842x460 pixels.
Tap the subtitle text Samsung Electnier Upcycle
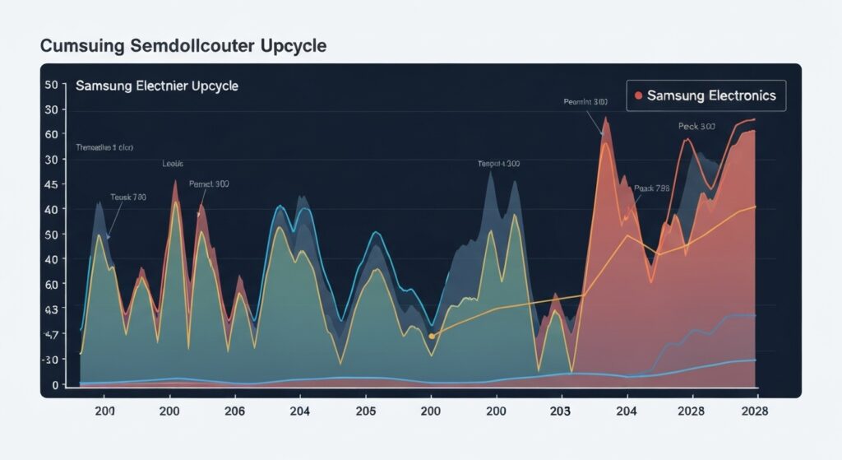pos(156,86)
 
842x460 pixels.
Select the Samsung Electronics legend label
pos(711,95)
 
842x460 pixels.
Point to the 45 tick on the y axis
pos(51,184)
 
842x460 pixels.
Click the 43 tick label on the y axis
pos(51,309)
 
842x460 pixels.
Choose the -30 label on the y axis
pos(51,360)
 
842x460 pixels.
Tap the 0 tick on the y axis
pos(54,385)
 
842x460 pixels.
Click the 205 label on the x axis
pos(365,411)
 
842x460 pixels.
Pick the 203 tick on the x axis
pos(561,411)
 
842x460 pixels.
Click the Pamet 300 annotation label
pos(209,184)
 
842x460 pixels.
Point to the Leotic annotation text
pos(173,164)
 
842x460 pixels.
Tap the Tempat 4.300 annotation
pos(498,164)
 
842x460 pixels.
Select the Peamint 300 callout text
pos(585,102)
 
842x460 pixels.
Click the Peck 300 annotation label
pos(696,127)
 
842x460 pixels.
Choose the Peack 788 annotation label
pos(651,188)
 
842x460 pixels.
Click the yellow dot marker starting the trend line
pos(432,336)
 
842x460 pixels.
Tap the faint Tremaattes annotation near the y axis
pos(104,147)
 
